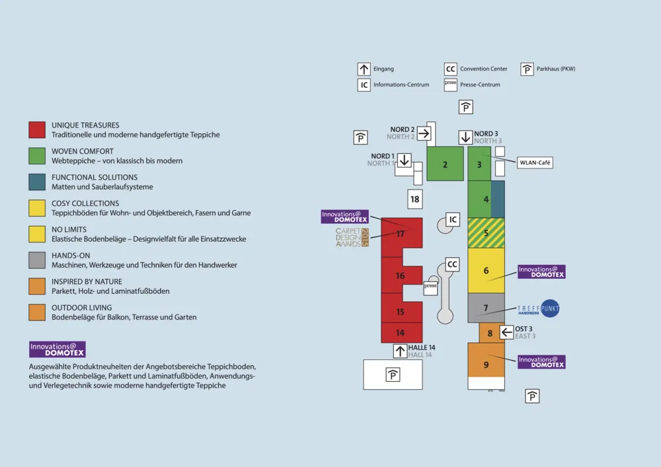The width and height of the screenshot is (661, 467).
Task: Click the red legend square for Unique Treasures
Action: [x=37, y=129]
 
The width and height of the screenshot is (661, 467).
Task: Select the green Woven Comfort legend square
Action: [x=37, y=156]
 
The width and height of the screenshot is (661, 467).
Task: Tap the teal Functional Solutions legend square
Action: [x=37, y=182]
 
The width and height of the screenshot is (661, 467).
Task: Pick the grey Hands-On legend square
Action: [x=37, y=260]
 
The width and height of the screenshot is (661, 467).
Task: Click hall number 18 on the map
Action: [x=414, y=199]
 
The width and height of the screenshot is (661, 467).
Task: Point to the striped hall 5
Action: [x=486, y=233]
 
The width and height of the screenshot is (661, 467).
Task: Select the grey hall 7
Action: [x=486, y=308]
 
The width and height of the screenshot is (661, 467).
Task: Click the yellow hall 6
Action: [x=486, y=270]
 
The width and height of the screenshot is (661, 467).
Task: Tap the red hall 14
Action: [x=401, y=333]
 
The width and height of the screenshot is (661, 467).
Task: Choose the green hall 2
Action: [x=445, y=164]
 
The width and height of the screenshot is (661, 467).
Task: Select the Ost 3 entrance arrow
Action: [x=507, y=332]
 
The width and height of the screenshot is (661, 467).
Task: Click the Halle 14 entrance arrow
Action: [x=401, y=351]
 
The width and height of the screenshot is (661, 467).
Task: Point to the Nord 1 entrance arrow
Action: [x=405, y=161]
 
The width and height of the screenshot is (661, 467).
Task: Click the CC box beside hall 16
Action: [x=452, y=265]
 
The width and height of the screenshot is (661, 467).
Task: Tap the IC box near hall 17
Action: [x=453, y=219]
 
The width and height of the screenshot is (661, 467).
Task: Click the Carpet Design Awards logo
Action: [x=352, y=237]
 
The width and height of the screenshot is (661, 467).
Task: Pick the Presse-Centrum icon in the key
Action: [x=451, y=85]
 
